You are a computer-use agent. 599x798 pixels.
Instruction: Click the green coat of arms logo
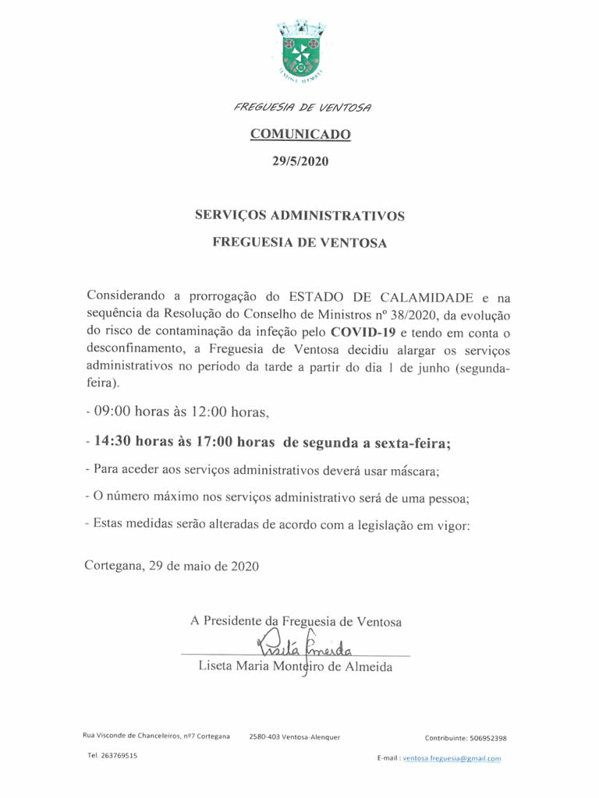tap(300, 51)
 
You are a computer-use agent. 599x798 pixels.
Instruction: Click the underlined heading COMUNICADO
tap(300, 135)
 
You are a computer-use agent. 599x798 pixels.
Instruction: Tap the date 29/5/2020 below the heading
tap(300, 162)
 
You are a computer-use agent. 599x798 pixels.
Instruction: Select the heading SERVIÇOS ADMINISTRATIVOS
tap(299, 215)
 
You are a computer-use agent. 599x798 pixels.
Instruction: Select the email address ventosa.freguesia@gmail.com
tap(452, 758)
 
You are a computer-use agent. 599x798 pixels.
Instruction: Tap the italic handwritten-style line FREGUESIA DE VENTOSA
tap(303, 107)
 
